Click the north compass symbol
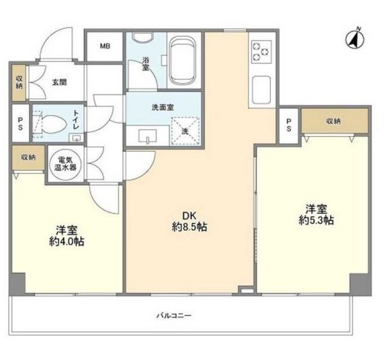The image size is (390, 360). pyautogui.click(x=355, y=39)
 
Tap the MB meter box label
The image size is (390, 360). pyautogui.click(x=105, y=46)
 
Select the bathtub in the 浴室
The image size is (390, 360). pyautogui.click(x=183, y=61)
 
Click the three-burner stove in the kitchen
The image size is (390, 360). pyautogui.click(x=261, y=52)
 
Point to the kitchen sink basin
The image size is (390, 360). pyautogui.click(x=261, y=90)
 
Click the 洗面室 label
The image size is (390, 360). pyautogui.click(x=163, y=108)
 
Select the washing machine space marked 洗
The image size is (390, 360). pyautogui.click(x=185, y=131)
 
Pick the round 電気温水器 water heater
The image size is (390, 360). pyautogui.click(x=65, y=164)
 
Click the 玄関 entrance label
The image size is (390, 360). pyautogui.click(x=59, y=82)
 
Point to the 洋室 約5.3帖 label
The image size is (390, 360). pyautogui.click(x=316, y=214)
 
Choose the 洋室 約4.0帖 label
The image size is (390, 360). pyautogui.click(x=66, y=235)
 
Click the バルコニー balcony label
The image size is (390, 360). pyautogui.click(x=174, y=316)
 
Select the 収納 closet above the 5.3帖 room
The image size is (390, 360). pyautogui.click(x=335, y=121)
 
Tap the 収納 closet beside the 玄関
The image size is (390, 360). pyautogui.click(x=19, y=82)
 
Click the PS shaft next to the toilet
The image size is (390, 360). pyautogui.click(x=20, y=123)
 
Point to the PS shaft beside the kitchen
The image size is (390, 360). pyautogui.click(x=289, y=125)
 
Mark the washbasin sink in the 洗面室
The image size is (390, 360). pyautogui.click(x=148, y=136)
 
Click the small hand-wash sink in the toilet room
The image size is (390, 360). pyautogui.click(x=76, y=138)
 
